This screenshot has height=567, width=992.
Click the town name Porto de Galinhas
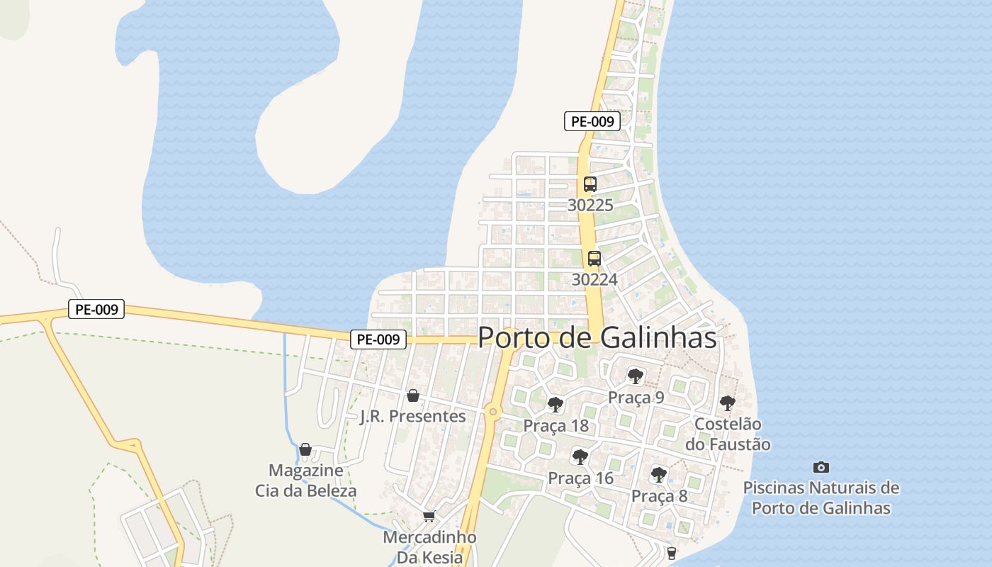[x=597, y=338]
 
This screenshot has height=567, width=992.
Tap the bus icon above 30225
[x=590, y=184]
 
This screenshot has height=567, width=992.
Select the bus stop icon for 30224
[x=594, y=259]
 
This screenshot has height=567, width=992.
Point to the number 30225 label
[x=590, y=205]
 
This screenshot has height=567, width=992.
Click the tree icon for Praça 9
[x=636, y=376]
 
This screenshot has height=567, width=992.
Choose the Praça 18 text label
[x=556, y=426]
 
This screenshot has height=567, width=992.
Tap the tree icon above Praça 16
[x=580, y=457]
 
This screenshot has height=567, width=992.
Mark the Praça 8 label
[x=659, y=495]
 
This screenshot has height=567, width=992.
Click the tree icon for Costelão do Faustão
[x=727, y=403]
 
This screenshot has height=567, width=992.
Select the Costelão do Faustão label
[x=728, y=434]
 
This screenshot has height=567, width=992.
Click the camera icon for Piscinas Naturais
[x=821, y=467]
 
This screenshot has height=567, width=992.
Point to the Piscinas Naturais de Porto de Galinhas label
[x=821, y=498]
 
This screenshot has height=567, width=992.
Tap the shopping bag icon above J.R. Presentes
[x=412, y=395]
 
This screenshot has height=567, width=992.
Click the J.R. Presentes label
[x=412, y=416]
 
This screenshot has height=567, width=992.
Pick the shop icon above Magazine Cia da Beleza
[x=305, y=449]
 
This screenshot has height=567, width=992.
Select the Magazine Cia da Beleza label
[x=305, y=481]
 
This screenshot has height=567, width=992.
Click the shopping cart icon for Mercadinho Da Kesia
[x=429, y=516]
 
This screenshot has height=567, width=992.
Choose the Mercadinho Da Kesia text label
[x=429, y=547]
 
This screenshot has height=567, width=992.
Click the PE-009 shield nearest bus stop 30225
[x=592, y=121]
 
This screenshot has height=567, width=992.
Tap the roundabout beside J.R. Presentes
[x=492, y=412]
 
